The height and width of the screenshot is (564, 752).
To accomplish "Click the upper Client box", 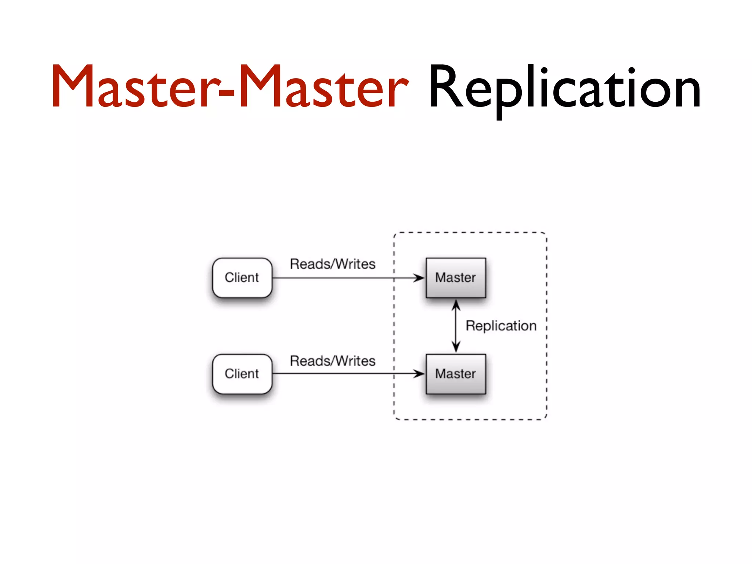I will pos(242,278).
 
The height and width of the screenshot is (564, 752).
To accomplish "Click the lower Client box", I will pos(242,374).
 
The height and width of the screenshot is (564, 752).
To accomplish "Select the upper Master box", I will pos(456,278).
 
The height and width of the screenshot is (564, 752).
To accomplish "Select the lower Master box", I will pos(456,374).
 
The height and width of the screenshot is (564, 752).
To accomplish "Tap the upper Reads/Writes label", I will pos(333,264).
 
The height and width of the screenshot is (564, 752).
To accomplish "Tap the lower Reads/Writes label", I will pos(333,361).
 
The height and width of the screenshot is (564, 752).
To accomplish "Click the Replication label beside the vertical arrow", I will pos(501,326).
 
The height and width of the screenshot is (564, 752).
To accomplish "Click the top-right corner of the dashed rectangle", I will pos(546,233).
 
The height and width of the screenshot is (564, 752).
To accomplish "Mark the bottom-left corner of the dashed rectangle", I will pos(395,419).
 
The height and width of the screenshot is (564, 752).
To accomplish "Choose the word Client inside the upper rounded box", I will pos(242,278).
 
